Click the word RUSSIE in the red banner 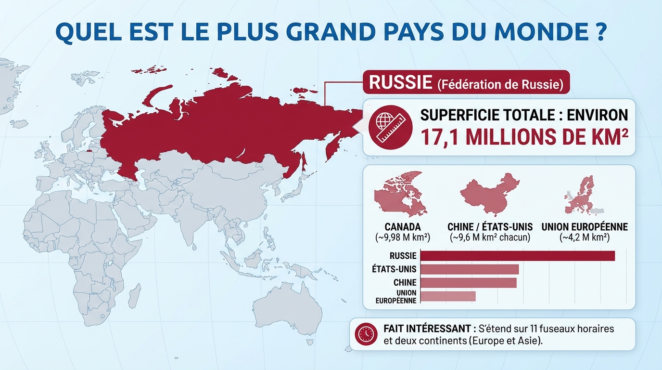[400, 82]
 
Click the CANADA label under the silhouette [403, 226]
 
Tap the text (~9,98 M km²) [403, 237]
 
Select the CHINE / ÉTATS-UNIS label [490, 226]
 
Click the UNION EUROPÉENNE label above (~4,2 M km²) [585, 226]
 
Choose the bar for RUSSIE [517, 256]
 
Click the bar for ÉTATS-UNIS [469, 269]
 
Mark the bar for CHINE [468, 282]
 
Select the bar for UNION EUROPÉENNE [448, 296]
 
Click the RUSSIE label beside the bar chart [403, 256]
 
